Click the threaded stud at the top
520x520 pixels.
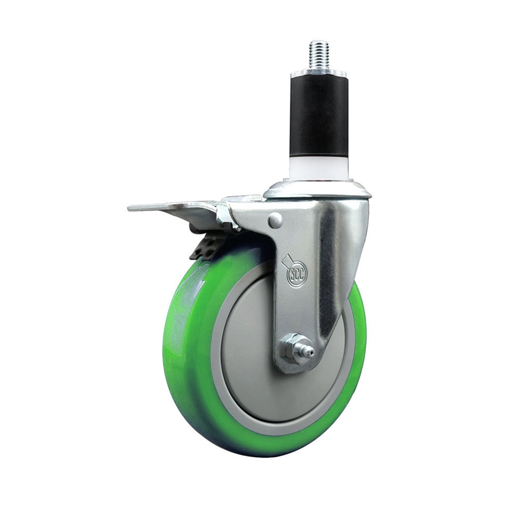[318, 55]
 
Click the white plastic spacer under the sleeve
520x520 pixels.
[318, 167]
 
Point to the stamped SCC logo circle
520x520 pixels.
[297, 272]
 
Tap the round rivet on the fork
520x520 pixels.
[276, 220]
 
